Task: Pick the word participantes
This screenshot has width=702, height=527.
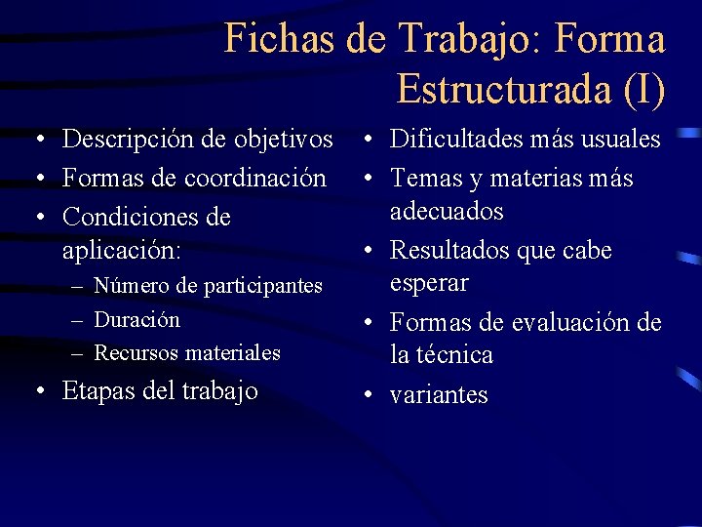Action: (x=263, y=286)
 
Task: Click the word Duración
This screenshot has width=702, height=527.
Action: (x=137, y=319)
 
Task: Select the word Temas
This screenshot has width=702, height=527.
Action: (x=427, y=179)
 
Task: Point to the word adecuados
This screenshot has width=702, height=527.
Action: (x=447, y=212)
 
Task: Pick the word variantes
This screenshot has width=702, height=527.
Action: (x=439, y=395)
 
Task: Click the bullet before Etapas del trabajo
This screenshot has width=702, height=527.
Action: (x=38, y=392)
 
